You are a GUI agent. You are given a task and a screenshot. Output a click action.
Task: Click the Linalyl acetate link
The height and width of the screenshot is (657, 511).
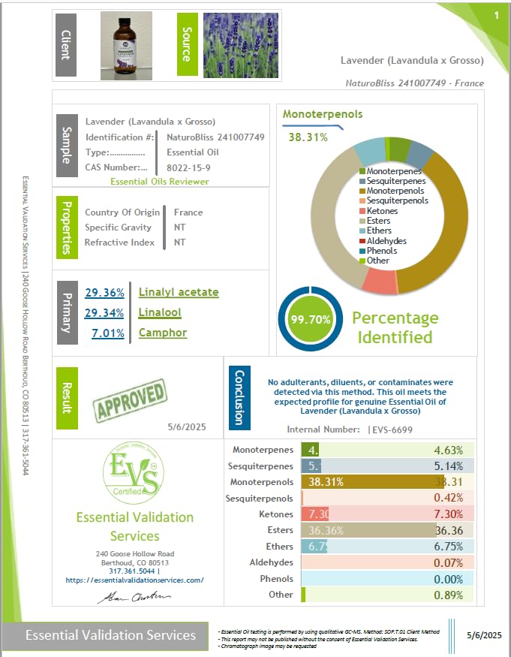(179, 292)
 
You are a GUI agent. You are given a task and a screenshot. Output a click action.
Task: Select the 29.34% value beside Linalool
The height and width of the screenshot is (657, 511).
(104, 312)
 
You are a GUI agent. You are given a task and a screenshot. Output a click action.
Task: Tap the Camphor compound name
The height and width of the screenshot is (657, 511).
(163, 333)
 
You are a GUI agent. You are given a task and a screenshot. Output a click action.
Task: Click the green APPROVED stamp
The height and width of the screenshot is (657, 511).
(129, 399)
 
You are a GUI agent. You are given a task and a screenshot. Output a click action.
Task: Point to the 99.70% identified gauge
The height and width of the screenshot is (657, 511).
(310, 319)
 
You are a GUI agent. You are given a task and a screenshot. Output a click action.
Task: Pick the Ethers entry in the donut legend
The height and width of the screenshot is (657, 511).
(380, 231)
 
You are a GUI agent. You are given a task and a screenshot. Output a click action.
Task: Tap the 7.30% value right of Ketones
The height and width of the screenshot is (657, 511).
(448, 514)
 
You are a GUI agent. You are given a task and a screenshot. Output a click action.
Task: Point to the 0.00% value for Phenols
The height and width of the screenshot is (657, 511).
(448, 579)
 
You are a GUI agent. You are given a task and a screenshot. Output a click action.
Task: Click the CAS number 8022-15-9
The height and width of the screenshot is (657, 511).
(188, 167)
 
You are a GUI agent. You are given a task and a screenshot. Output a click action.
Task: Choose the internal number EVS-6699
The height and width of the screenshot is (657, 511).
(391, 429)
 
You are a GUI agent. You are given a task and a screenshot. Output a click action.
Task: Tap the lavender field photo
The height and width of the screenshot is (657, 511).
(241, 47)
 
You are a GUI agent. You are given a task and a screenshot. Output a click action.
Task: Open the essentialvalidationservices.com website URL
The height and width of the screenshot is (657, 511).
(134, 580)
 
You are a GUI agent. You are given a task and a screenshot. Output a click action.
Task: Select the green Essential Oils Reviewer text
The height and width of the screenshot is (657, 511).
(160, 182)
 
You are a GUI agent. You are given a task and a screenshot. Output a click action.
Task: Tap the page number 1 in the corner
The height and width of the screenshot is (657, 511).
(496, 15)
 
